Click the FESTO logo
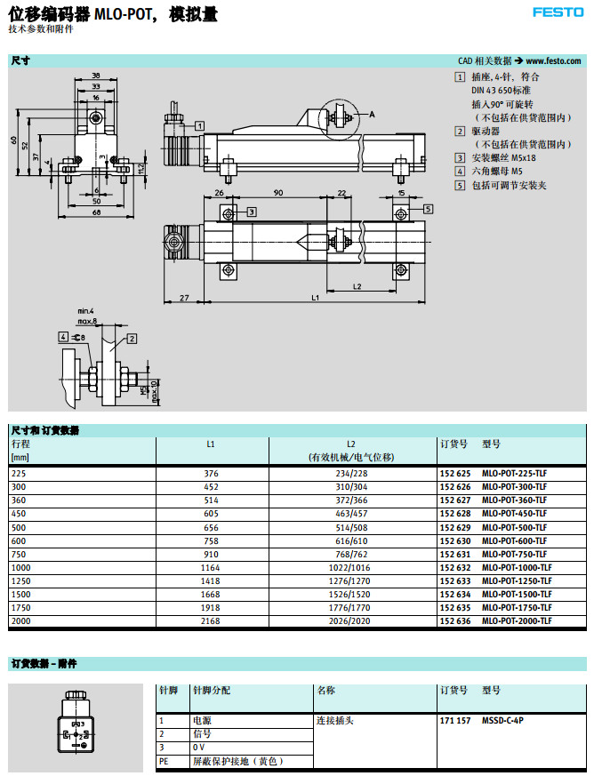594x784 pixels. point(558,12)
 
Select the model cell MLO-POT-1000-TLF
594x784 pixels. point(517,567)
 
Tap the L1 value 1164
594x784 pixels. point(211,567)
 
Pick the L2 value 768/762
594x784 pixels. point(350,554)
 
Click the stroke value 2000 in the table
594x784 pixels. point(20,620)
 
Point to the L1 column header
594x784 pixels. point(211,443)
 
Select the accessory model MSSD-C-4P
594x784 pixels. point(502,720)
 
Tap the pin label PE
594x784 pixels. point(163,762)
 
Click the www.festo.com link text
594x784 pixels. point(554,61)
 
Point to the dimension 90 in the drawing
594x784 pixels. point(277,193)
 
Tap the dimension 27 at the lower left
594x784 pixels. point(182,297)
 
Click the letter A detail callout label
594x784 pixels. point(372,115)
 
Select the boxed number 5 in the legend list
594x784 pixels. point(460,185)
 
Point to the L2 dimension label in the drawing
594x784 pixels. point(356,286)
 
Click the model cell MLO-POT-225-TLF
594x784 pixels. point(515,473)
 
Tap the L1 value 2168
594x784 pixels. point(211,620)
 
